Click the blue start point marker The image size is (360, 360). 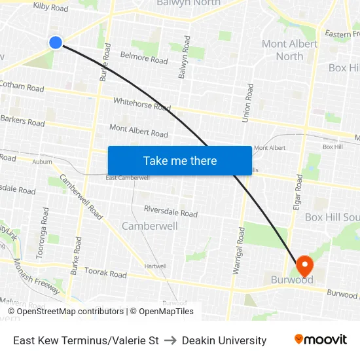tap(56, 43)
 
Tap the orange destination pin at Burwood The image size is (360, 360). tap(304, 265)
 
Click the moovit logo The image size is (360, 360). tap(321, 340)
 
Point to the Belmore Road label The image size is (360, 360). tap(144, 58)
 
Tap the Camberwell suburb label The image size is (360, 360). tap(149, 226)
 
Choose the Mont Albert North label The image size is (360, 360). tap(289, 50)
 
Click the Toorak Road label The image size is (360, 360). tap(105, 274)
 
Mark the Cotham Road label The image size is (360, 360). tap(22, 86)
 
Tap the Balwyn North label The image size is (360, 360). tap(189, 3)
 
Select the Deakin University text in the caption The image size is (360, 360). tap(225, 340)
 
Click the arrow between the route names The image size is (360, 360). tap(170, 340)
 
